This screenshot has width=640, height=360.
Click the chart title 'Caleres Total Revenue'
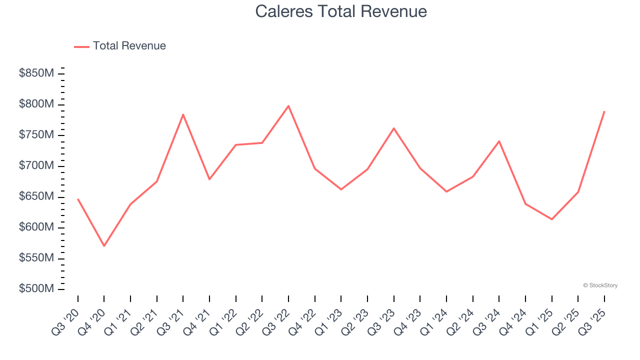coord(341,11)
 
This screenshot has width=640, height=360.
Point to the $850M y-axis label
coord(36,73)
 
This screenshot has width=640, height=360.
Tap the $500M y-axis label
coord(36,289)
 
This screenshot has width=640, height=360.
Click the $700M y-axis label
coord(36,166)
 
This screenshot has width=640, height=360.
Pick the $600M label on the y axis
coord(36,227)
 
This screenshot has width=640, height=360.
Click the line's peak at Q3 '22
coord(288,106)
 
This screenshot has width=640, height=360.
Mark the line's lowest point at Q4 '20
coord(104,246)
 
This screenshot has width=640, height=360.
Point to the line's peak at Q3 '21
coord(183,114)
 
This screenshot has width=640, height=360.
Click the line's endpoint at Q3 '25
coord(604,111)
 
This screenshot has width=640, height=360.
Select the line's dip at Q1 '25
coord(552,219)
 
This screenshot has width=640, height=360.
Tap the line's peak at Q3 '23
coord(394,128)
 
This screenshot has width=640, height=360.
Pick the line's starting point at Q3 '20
coord(78,199)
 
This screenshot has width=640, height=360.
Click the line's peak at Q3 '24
coord(499,141)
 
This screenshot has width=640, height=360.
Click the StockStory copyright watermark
coord(600,285)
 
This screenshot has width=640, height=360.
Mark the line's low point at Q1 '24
coord(446,191)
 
